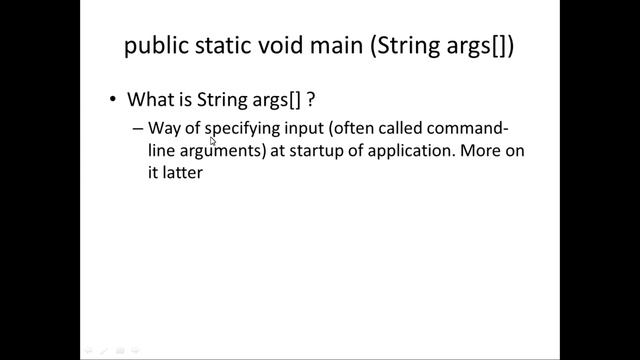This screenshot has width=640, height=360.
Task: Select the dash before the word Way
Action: tap(137, 129)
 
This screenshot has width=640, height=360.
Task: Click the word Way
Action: tap(163, 128)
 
